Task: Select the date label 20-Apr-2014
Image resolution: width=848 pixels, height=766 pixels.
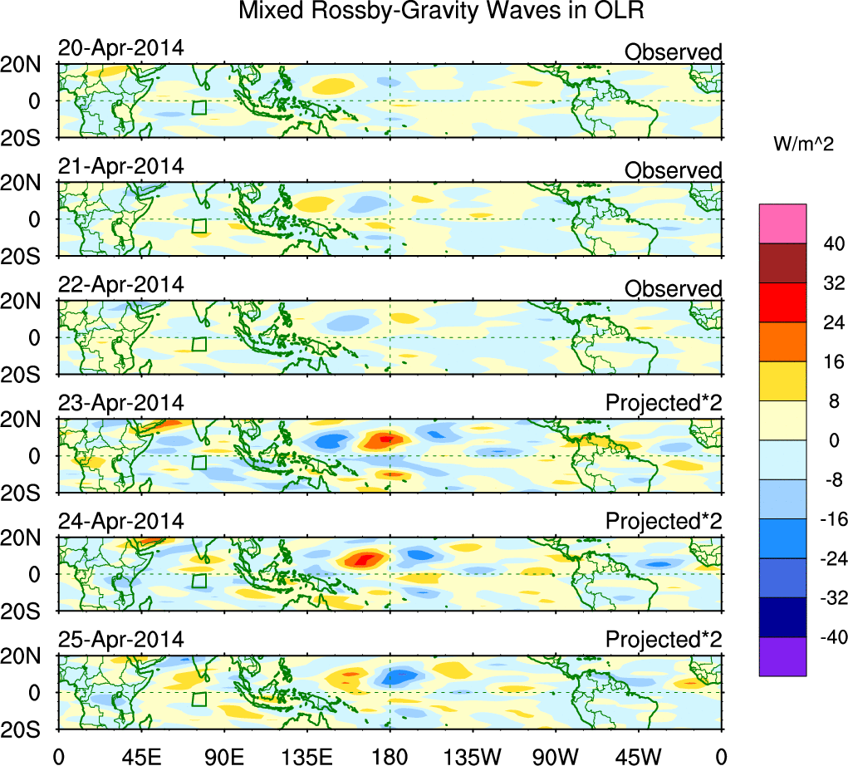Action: click(x=120, y=48)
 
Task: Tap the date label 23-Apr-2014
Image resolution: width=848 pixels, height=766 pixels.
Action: click(x=120, y=403)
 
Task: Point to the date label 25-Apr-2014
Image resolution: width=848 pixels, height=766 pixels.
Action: click(x=120, y=640)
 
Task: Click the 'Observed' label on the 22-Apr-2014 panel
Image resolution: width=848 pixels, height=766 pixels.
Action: click(x=673, y=288)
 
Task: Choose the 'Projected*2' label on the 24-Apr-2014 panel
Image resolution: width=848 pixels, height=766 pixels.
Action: click(x=664, y=522)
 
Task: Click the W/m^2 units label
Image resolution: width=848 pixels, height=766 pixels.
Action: click(x=804, y=144)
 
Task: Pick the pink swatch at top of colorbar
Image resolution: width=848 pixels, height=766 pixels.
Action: click(x=782, y=223)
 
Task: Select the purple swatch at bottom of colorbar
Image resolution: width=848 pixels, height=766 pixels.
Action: click(x=782, y=656)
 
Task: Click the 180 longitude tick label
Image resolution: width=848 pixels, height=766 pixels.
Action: click(x=390, y=755)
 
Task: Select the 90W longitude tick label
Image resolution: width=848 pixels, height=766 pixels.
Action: click(x=556, y=755)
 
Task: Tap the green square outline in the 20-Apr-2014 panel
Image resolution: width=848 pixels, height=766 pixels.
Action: click(x=199, y=107)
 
